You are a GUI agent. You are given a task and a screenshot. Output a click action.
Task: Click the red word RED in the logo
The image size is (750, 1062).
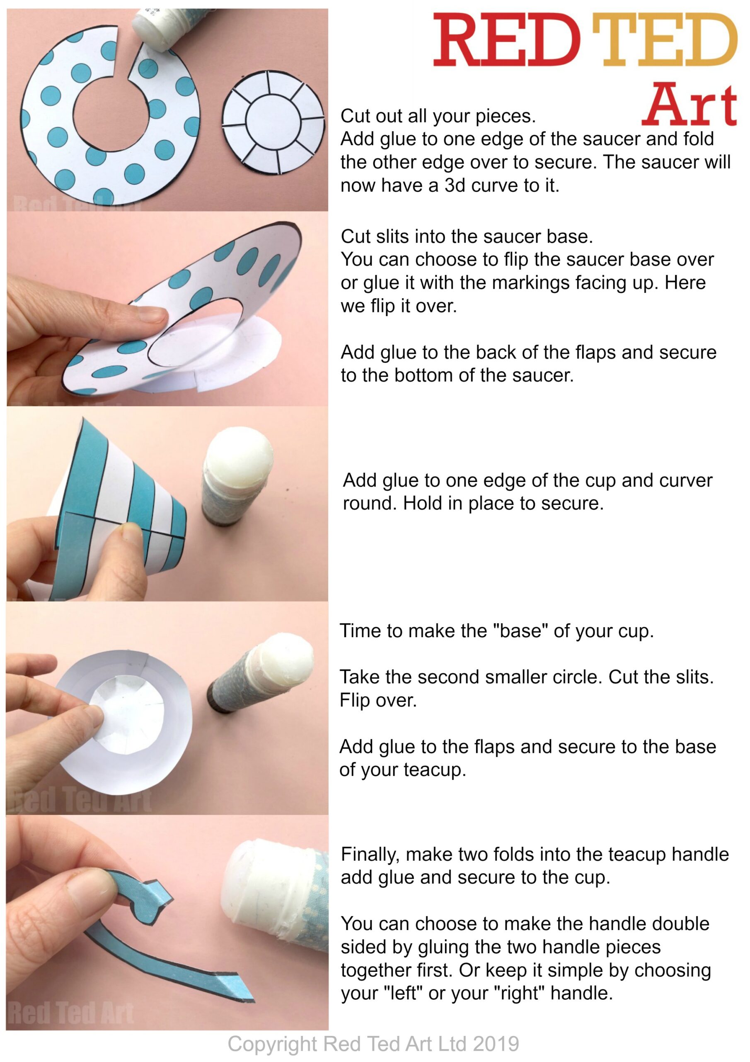[506, 41]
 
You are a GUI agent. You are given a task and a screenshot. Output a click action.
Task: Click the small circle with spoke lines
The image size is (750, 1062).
[273, 122]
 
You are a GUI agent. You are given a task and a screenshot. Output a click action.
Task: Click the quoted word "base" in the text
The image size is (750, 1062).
[520, 631]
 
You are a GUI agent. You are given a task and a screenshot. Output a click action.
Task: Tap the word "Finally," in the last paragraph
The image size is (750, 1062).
[370, 854]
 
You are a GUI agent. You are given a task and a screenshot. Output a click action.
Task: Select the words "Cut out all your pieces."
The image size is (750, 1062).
[438, 116]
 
